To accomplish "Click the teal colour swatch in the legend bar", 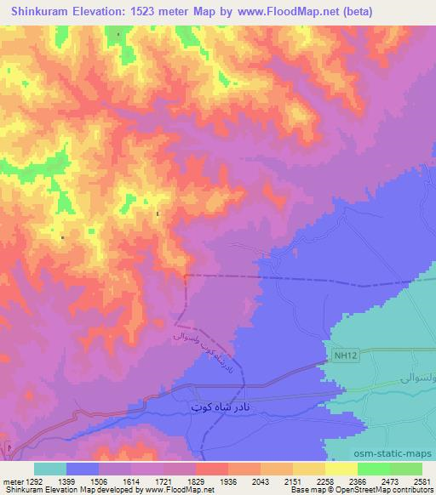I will coord(50,469).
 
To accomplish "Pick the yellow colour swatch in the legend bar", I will coord(341,469).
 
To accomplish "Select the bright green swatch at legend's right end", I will coord(406,469).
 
